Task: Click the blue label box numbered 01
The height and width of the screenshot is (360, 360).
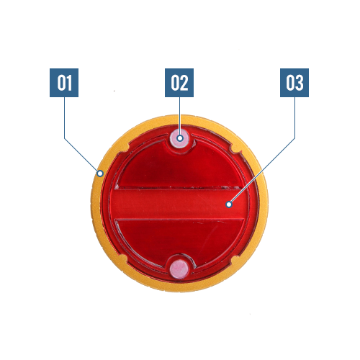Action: click(64, 83)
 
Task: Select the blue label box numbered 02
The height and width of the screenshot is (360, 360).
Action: click(179, 83)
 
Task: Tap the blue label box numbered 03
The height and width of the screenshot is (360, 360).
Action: click(294, 83)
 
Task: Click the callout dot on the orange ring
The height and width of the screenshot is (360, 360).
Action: click(100, 174)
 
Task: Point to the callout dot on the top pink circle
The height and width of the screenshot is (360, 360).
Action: click(180, 138)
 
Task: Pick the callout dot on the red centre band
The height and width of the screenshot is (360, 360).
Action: click(229, 204)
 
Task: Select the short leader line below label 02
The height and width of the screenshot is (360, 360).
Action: click(180, 116)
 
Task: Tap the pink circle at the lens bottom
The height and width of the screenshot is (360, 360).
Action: click(179, 269)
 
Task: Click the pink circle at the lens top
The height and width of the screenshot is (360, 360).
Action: click(180, 138)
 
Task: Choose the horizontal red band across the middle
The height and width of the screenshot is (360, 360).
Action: click(179, 204)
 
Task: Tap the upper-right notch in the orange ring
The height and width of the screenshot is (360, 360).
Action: click(235, 148)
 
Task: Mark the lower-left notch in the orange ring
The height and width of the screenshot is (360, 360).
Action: click(123, 259)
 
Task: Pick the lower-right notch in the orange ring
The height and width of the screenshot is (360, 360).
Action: click(235, 260)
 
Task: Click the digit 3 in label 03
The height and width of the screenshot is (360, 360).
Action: click(299, 83)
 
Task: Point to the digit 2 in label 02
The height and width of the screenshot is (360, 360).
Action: click(184, 83)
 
